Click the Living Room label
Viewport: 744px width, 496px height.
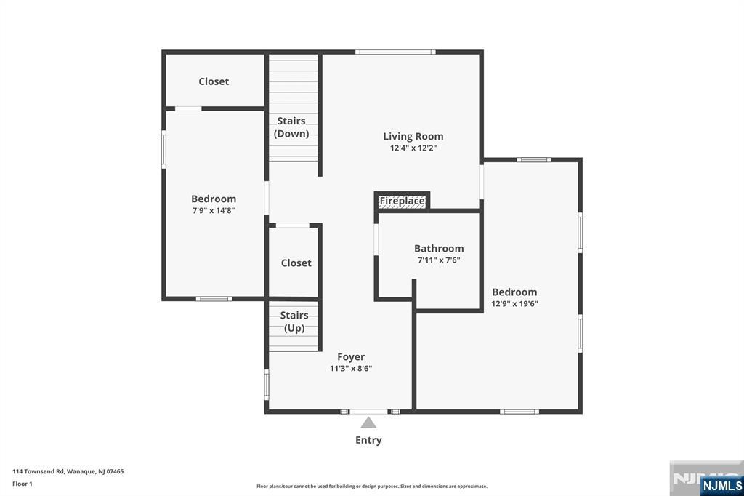click(413, 136)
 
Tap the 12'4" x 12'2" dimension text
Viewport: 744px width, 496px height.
click(413, 148)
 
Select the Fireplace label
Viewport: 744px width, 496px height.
click(402, 201)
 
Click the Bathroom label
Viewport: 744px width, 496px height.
click(439, 249)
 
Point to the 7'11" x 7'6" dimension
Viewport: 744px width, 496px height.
click(439, 260)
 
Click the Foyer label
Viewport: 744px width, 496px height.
click(351, 357)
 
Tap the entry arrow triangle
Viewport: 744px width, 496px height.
click(368, 423)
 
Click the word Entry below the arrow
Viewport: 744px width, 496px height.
click(368, 440)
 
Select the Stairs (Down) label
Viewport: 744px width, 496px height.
click(291, 127)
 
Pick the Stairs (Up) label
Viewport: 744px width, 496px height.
click(294, 321)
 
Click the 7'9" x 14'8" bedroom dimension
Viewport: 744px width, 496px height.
click(214, 210)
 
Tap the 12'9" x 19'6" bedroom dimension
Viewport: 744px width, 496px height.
click(514, 303)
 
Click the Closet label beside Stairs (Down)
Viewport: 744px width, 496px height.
click(214, 81)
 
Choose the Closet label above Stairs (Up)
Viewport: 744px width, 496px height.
click(296, 263)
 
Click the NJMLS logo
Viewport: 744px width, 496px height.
click(721, 485)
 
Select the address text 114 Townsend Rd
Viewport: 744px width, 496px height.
click(38, 471)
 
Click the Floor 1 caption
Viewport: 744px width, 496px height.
click(23, 484)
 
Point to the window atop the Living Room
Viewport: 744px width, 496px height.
click(395, 52)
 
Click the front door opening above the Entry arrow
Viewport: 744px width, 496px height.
click(368, 412)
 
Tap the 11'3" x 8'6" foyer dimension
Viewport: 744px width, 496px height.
click(351, 368)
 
